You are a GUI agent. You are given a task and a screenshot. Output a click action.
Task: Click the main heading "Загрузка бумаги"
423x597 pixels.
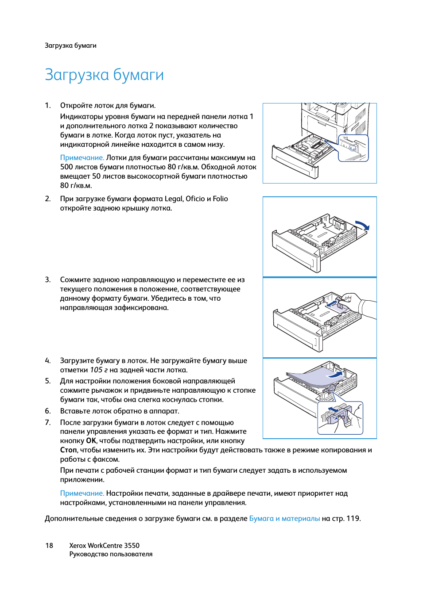104,75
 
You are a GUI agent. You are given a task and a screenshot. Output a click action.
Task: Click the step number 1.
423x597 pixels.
47,105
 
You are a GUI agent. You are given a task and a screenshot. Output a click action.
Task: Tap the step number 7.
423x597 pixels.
47,422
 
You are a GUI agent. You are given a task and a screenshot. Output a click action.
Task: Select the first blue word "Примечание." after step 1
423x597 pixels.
82,157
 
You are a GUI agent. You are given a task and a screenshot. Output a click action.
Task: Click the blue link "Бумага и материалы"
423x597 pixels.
284,518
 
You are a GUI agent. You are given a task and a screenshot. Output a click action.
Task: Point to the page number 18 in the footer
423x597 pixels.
49,545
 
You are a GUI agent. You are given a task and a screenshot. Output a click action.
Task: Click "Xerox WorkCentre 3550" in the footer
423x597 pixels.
104,545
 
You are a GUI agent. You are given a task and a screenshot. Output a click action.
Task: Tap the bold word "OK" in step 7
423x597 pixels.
91,440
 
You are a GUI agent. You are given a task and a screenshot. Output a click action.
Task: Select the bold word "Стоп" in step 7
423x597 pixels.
68,450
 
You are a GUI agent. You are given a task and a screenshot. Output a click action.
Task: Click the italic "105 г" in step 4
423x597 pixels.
99,370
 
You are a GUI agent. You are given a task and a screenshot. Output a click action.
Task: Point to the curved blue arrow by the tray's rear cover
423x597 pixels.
362,225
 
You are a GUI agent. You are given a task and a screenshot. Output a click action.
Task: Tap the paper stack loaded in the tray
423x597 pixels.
310,378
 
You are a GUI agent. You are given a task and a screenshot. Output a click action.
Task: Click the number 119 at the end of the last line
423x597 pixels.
353,518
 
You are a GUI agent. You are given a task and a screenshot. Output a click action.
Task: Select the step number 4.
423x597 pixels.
47,360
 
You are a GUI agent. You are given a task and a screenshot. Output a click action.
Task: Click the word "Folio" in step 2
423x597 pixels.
220,199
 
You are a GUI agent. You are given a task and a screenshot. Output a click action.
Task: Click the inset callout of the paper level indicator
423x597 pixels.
353,148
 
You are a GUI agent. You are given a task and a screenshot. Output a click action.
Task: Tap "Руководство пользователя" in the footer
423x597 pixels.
111,554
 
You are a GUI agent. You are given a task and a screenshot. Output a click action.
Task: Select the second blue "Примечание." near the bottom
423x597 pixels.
82,493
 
